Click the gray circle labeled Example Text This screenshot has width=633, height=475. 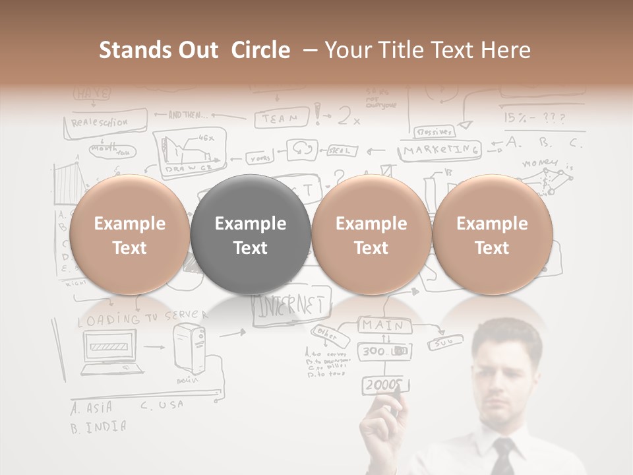(251, 234)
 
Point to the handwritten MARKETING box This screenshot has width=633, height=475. (440, 150)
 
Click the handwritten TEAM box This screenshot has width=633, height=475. (282, 119)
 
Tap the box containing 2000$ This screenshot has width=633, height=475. (383, 385)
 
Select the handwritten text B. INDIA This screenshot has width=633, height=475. (98, 426)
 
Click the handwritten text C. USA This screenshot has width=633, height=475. (162, 406)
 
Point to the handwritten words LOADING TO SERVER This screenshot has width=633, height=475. (142, 319)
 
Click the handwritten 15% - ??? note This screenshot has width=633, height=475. (535, 117)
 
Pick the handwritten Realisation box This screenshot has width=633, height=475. (105, 122)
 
